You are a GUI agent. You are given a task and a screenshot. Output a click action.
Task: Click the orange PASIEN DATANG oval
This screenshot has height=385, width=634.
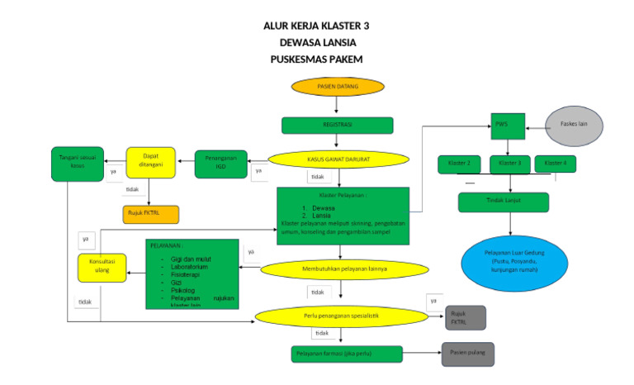(337, 86)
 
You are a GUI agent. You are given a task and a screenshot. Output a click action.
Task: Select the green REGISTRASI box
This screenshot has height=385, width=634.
(337, 126)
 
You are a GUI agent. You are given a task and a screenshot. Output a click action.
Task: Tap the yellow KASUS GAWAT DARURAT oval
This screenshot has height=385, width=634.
(337, 159)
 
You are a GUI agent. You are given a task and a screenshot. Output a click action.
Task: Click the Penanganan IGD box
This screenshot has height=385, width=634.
(220, 163)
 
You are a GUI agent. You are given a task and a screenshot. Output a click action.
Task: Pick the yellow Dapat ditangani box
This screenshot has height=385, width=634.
(150, 162)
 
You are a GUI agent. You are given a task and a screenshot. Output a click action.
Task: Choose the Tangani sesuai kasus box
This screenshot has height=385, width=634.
(78, 163)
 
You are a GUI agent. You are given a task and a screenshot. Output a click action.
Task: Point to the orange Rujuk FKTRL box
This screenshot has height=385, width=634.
(150, 214)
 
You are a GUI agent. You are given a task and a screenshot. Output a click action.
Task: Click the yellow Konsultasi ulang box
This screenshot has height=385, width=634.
(102, 267)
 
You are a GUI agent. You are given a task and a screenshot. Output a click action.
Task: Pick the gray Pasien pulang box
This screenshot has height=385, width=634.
(468, 354)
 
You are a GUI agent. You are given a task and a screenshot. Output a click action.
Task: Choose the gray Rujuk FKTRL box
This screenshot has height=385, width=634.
(465, 317)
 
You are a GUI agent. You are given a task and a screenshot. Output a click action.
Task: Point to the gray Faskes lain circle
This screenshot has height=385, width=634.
(574, 125)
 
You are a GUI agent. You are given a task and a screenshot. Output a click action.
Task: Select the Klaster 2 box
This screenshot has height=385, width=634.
(459, 164)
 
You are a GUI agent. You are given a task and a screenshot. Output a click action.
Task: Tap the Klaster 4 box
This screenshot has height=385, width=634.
(555, 164)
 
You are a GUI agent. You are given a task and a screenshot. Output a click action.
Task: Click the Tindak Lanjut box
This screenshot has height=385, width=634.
(504, 202)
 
